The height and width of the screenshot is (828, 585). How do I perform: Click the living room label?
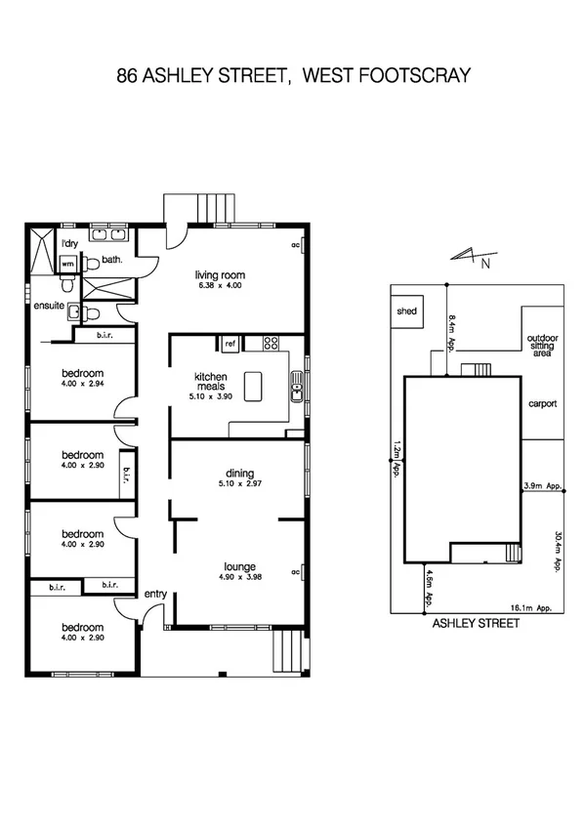(219, 274)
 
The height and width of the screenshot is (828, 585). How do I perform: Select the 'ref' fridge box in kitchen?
(230, 344)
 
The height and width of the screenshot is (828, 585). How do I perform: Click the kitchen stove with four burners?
(271, 343)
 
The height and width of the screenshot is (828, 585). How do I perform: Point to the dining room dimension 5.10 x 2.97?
(239, 483)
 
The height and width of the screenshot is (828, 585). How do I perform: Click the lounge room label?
(238, 565)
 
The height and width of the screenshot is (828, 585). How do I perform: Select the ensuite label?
(49, 306)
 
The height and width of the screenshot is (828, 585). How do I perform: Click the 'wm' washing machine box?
(68, 264)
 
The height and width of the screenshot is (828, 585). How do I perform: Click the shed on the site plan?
(405, 311)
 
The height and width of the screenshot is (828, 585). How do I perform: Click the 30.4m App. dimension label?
(557, 551)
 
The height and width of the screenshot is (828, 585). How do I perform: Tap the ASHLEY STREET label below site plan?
(476, 622)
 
